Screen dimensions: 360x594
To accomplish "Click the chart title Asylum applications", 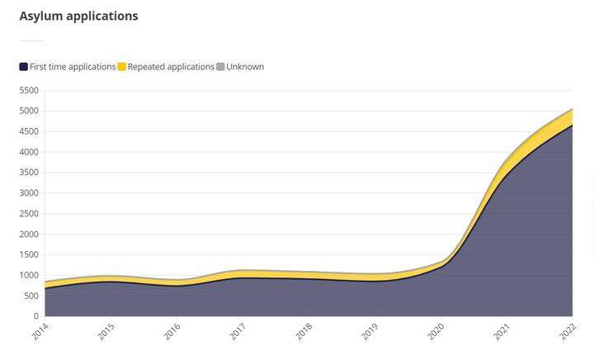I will [78, 16].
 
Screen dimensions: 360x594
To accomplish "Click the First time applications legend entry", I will [73, 67].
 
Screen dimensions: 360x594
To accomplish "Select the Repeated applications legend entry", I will [171, 67].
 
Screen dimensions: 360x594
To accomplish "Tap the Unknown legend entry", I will [245, 67].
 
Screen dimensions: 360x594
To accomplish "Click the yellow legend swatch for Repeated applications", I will [122, 67].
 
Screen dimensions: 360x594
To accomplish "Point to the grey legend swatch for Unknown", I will [220, 67].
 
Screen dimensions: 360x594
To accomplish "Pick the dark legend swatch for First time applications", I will [24, 67].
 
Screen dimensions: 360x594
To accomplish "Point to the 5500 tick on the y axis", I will [29, 90].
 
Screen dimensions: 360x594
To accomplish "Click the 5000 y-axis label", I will [29, 111].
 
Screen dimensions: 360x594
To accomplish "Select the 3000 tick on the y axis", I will [29, 193].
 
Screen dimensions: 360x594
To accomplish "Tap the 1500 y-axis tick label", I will [29, 255].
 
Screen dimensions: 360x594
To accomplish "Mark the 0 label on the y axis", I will [36, 316].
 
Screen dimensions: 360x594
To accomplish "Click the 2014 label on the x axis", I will [40, 332].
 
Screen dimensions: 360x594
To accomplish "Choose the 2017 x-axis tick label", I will [238, 332].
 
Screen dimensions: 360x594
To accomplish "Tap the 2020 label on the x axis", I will [436, 332].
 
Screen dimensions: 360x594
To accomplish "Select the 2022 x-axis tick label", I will [567, 332].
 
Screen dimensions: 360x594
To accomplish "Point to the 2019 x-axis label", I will [370, 332].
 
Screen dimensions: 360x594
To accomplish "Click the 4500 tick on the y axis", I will [29, 131].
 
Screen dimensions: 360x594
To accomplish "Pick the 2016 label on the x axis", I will [172, 332].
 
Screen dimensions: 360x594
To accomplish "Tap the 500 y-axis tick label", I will [31, 296].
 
